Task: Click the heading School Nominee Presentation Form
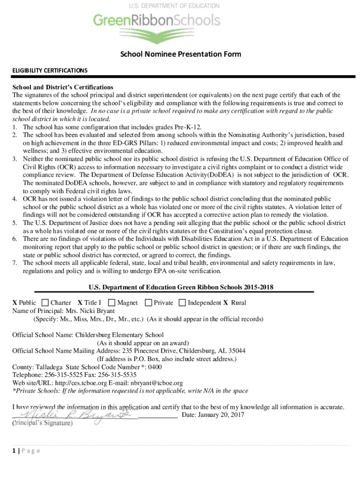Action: click(180, 54)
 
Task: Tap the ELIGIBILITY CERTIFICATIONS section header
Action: click(50, 71)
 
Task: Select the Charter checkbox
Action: click(45, 303)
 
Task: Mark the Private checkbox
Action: click(149, 303)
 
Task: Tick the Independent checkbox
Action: click(182, 303)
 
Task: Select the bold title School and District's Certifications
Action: click(63, 87)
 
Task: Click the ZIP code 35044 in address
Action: click(237, 351)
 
